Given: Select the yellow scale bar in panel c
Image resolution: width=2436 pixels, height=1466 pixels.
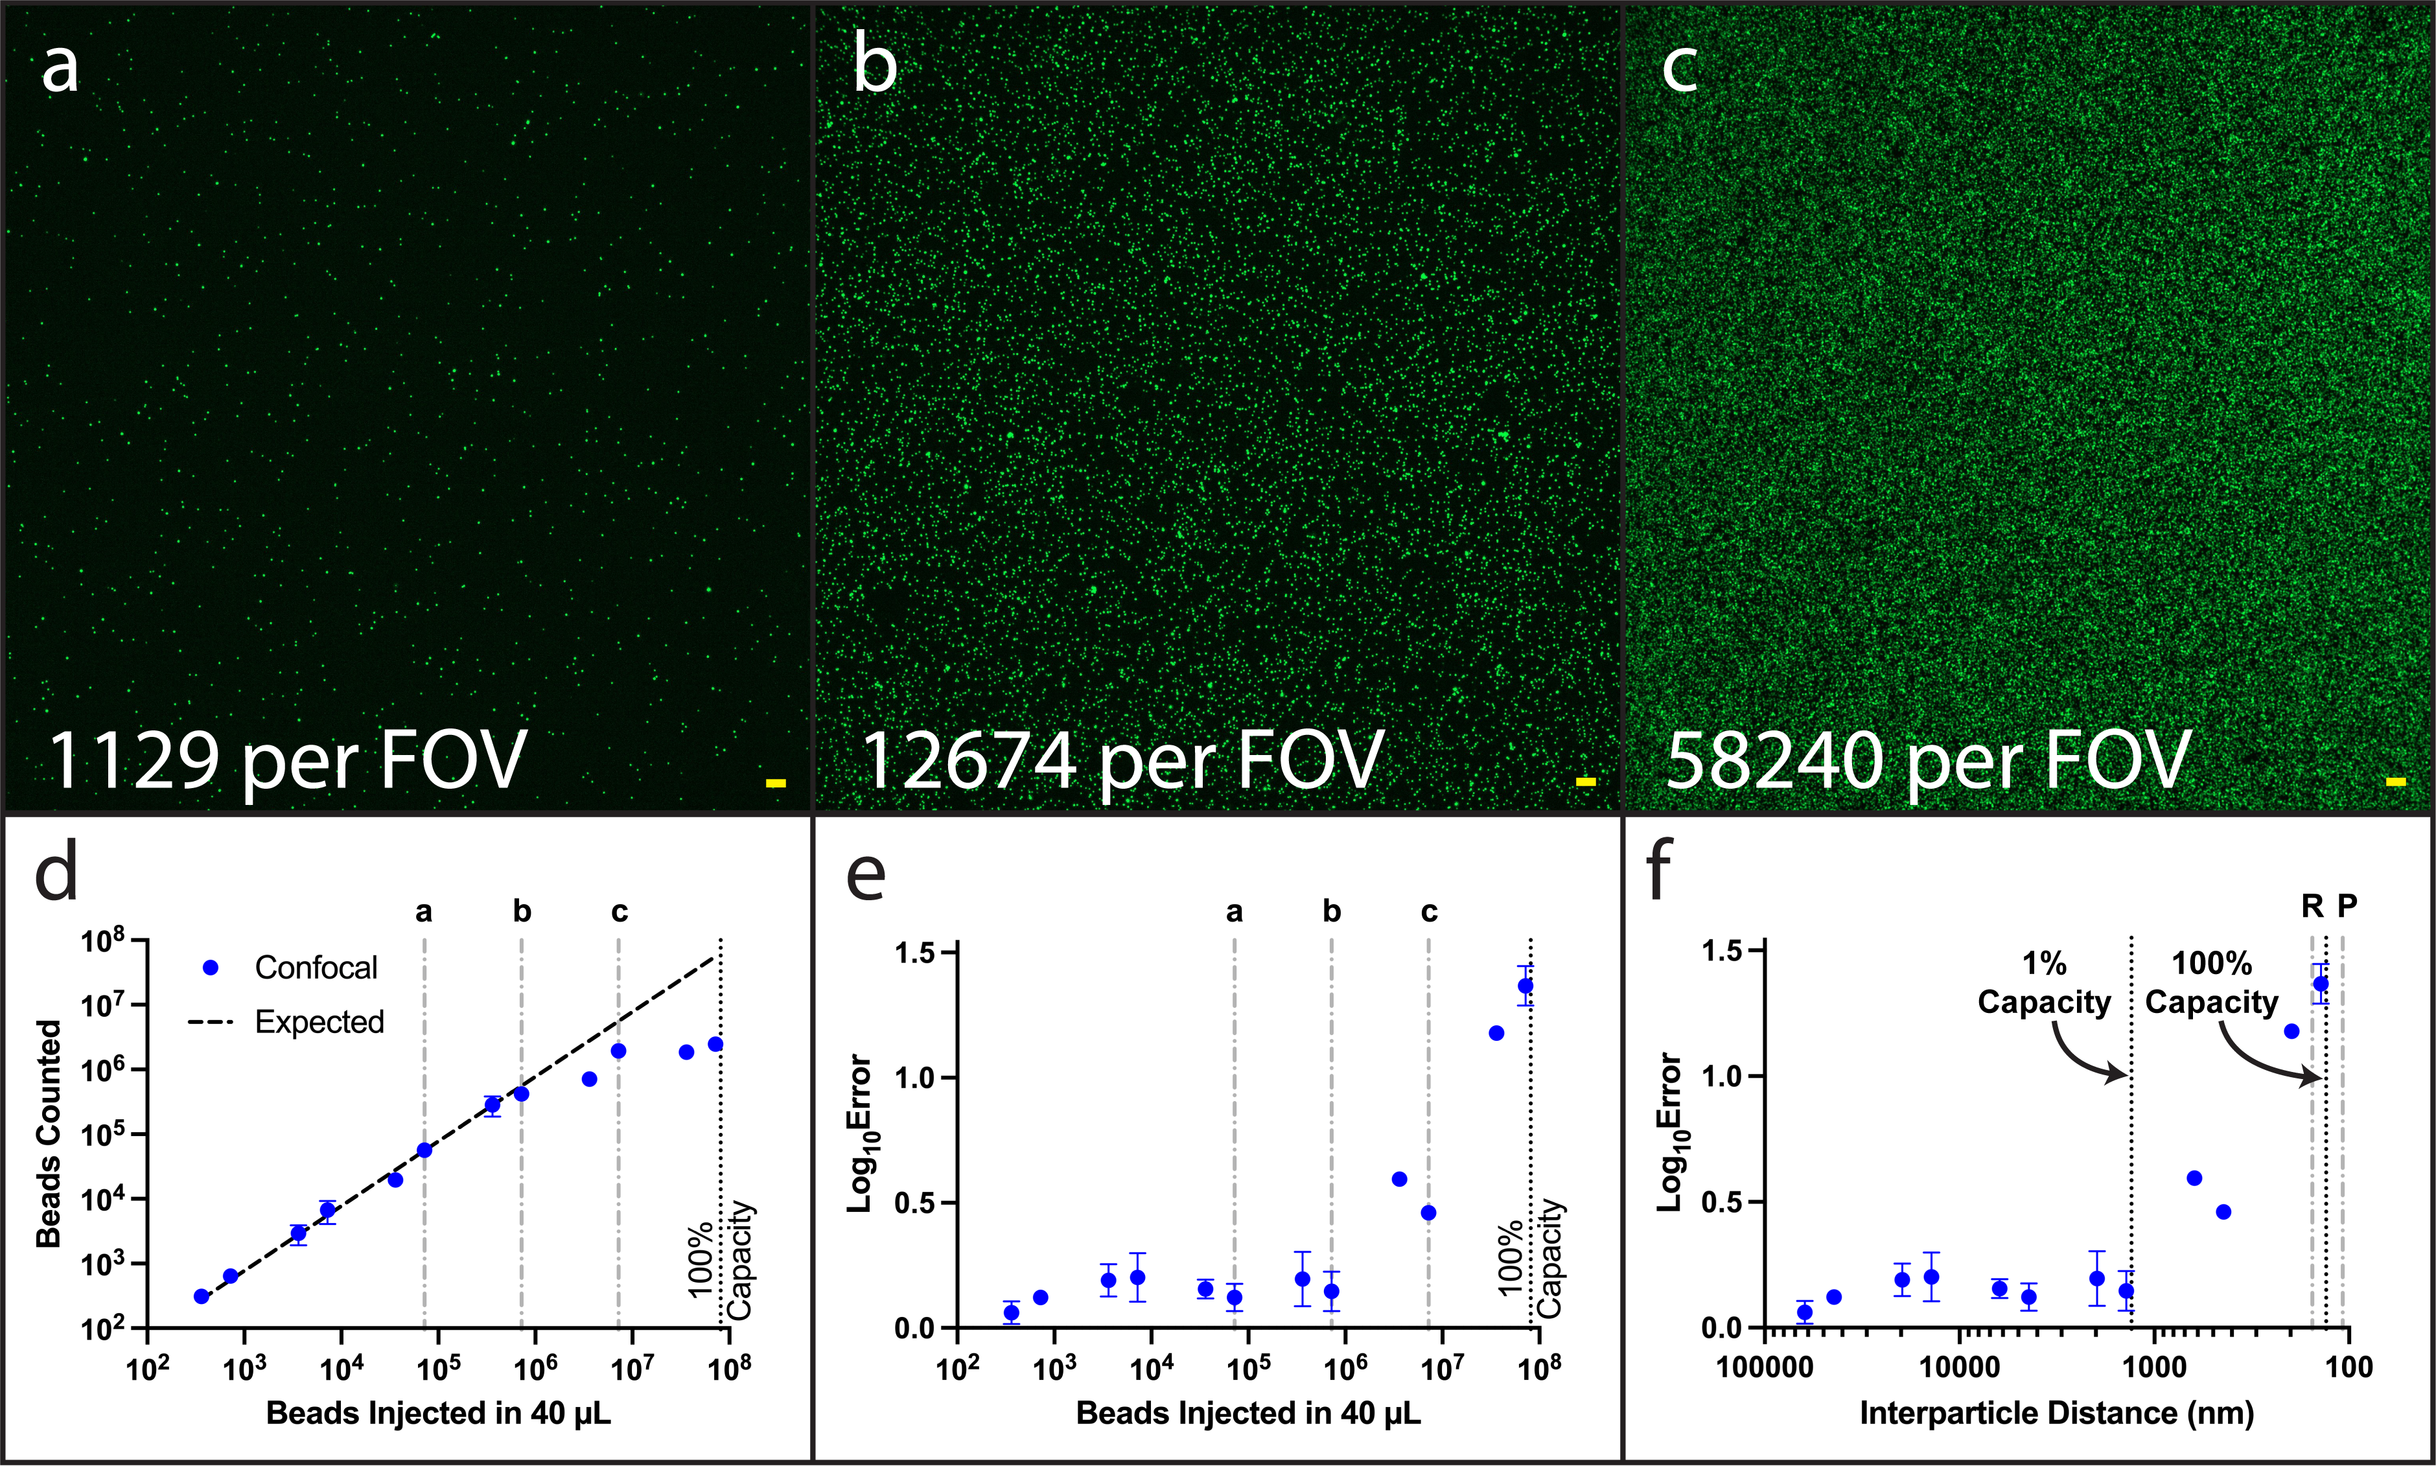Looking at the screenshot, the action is [x=2396, y=782].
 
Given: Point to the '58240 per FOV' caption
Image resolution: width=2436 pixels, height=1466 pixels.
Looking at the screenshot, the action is [x=1928, y=761].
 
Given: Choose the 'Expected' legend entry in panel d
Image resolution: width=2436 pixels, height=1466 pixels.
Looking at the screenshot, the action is [x=286, y=1021].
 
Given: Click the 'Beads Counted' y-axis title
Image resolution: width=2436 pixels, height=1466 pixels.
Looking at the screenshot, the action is [x=49, y=1133].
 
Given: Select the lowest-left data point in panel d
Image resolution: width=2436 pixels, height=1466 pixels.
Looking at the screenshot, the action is [x=202, y=1296].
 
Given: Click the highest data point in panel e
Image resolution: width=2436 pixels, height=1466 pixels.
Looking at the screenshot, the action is [x=1525, y=985].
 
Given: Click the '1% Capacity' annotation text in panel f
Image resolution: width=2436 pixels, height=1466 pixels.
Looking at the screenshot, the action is [x=2044, y=983].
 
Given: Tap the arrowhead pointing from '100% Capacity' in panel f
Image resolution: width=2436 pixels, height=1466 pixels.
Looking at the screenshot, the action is [x=2314, y=1076].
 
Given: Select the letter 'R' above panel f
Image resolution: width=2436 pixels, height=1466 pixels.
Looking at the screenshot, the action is [x=2312, y=906].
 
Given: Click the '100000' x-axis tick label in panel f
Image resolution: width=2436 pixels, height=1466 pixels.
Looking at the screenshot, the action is [x=1765, y=1368].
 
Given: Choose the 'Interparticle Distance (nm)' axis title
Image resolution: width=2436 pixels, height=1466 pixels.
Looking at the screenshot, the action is [x=2057, y=1414].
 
